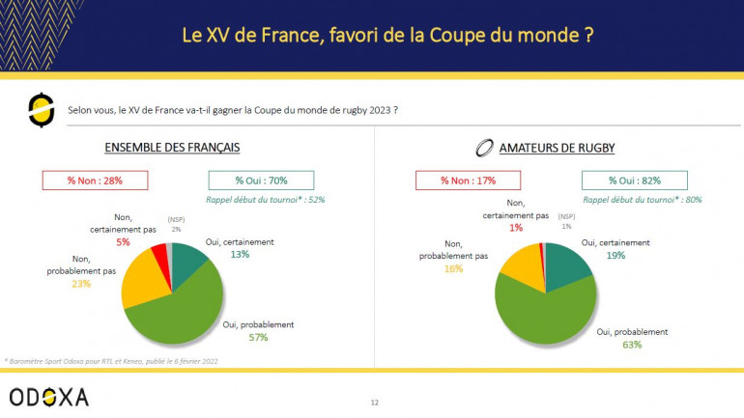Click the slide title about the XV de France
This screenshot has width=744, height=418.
coord(386,35)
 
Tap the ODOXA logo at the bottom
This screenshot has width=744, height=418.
coord(48,396)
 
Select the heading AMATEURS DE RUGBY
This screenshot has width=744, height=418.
coord(558,149)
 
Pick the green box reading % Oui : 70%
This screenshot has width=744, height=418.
coord(260,180)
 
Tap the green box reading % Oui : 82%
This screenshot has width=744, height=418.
coord(634,180)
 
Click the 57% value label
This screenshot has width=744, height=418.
coord(257,338)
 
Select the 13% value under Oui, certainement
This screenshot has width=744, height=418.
coord(239,255)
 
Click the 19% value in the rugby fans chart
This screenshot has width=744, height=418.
coord(615,255)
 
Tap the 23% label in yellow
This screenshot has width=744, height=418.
coord(81,286)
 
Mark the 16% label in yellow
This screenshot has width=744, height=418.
coord(453,268)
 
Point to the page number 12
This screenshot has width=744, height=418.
coord(374,401)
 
